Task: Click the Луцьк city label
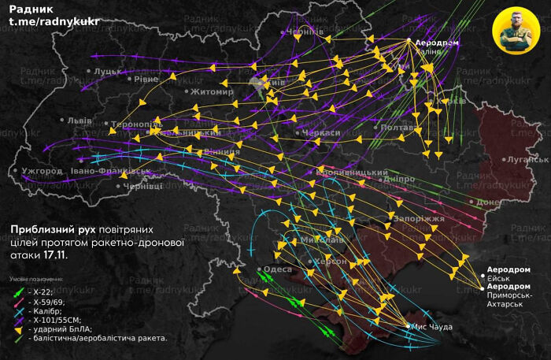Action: (107, 71)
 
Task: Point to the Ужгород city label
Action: (42, 171)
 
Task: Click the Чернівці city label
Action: (142, 186)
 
